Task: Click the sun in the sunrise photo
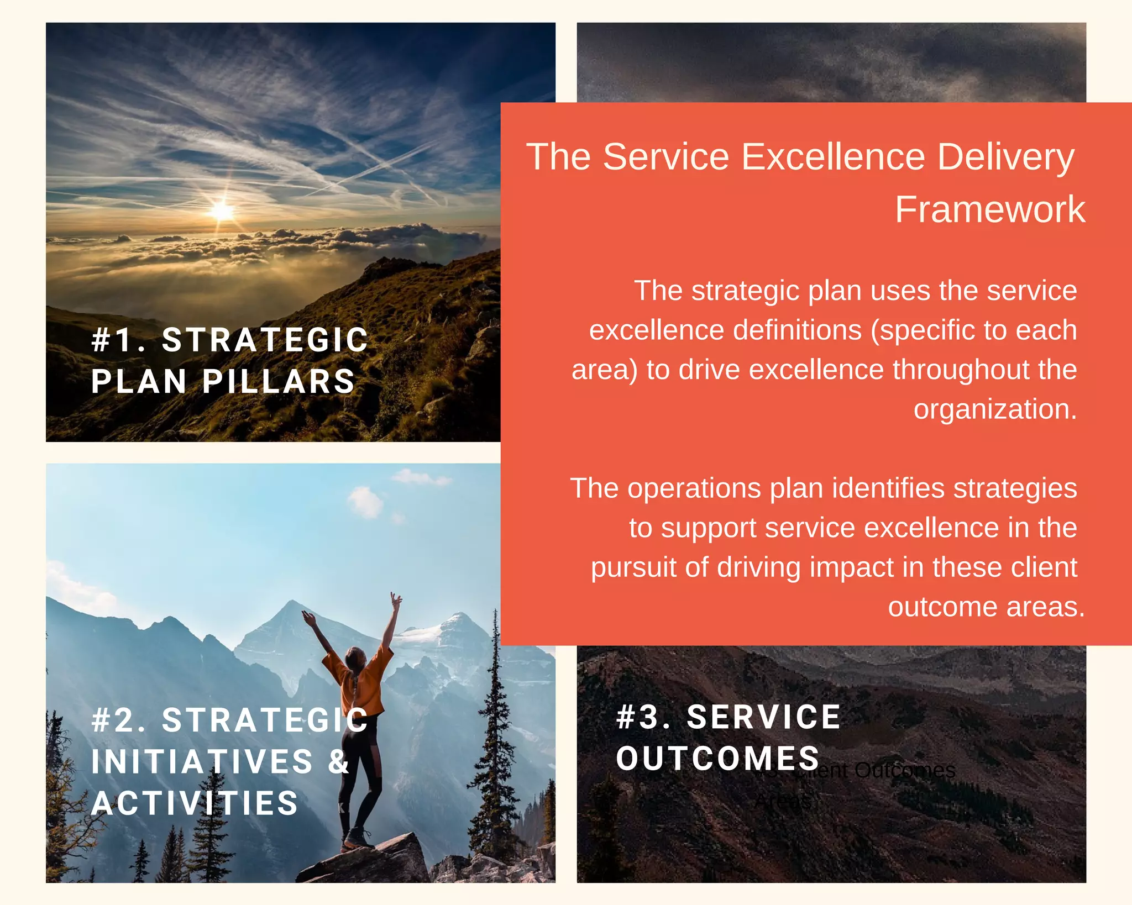coord(222,211)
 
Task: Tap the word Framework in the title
coord(989,210)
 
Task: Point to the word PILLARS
coord(279,381)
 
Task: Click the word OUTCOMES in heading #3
coord(717,758)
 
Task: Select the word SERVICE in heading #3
coord(763,717)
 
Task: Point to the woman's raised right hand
coord(396,600)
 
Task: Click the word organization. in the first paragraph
coord(995,409)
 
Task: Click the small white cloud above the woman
coord(365,502)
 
